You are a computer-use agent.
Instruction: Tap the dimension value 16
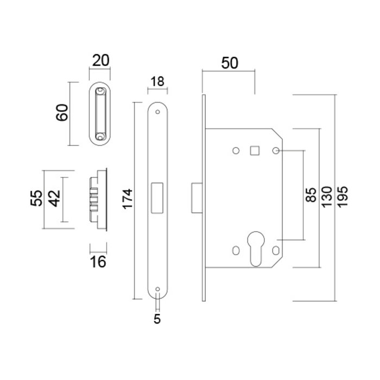(x=98, y=262)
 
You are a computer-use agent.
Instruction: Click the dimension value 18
(x=157, y=81)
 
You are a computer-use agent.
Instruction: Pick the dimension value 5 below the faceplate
(x=157, y=319)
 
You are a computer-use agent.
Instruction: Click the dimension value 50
(x=229, y=62)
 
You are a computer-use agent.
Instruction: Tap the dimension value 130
(x=327, y=198)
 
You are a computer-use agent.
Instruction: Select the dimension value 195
(x=343, y=198)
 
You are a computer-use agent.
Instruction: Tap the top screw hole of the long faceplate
(x=157, y=113)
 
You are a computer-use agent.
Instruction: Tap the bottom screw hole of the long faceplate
(x=157, y=289)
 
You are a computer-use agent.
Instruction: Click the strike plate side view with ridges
(x=98, y=199)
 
